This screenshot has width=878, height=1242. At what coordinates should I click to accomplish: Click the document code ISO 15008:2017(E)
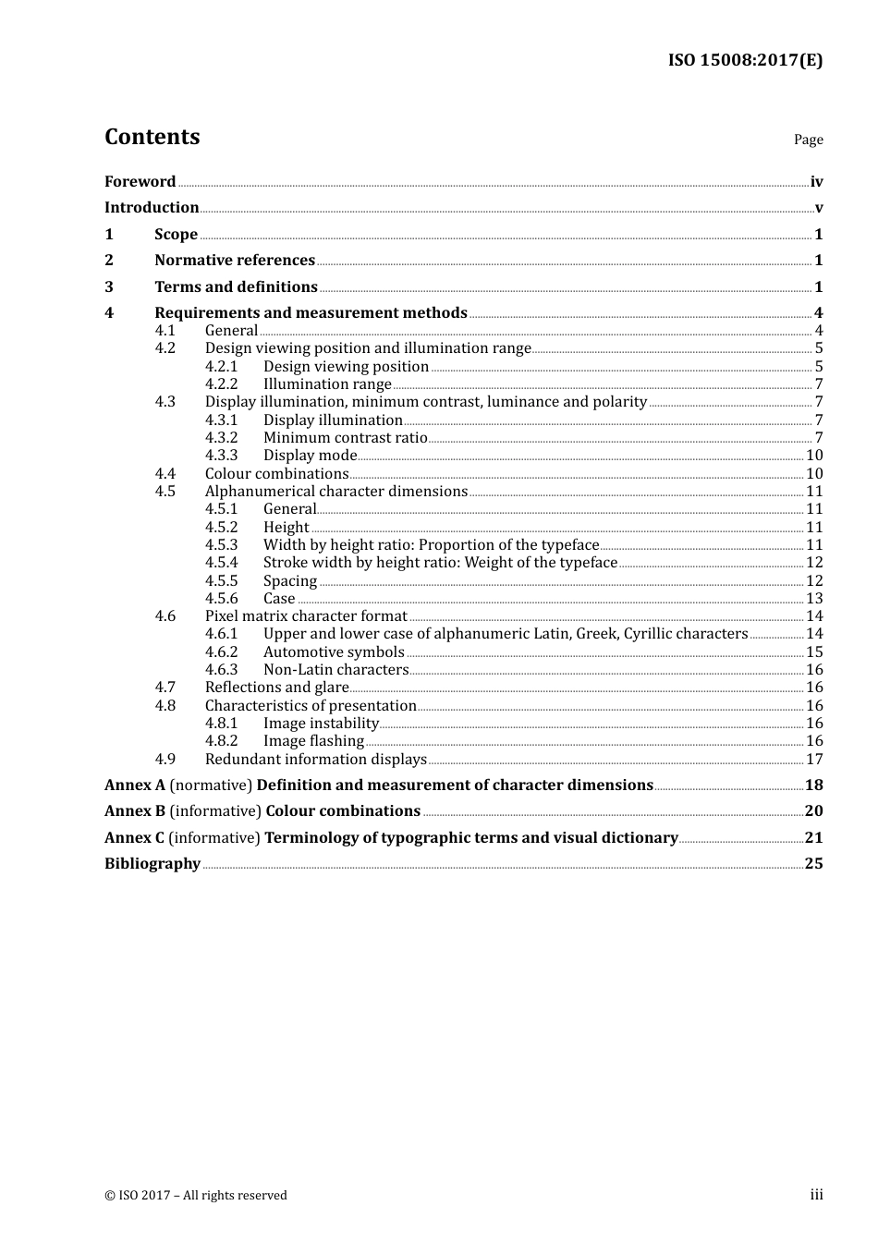coord(745,60)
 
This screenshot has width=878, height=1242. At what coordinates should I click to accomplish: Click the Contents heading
coord(152,137)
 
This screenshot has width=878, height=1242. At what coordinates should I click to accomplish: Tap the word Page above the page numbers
coord(808,140)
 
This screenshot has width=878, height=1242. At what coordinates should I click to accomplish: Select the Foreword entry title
coord(140,182)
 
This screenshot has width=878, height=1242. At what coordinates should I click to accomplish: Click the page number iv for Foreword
coord(816,182)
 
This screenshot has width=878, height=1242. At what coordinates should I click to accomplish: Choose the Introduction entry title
coord(152,208)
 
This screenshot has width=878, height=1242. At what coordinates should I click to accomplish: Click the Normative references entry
coord(235,261)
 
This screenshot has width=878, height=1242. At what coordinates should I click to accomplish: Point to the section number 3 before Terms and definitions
coord(109,287)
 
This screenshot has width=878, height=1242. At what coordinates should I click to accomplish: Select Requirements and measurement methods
coord(311,313)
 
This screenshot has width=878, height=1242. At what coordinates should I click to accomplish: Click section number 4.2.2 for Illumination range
coord(221,384)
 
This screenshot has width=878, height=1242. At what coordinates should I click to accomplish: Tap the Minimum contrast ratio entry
coord(345,438)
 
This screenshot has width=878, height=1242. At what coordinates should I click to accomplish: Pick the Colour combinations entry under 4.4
coord(276,474)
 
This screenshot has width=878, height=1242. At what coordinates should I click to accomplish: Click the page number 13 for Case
coord(814,599)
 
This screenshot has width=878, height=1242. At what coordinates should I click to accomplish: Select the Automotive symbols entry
coord(334,652)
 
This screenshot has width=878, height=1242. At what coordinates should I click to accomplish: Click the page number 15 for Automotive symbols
coord(814,652)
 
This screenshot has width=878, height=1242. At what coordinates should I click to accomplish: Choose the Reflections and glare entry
coord(276,688)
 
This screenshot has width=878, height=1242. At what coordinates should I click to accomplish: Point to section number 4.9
coord(165,760)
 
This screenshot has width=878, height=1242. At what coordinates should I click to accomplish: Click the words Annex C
coord(134,838)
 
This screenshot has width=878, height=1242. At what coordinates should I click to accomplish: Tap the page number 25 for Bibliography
coord(813,864)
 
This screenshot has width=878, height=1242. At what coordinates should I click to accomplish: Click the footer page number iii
coord(816,1195)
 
